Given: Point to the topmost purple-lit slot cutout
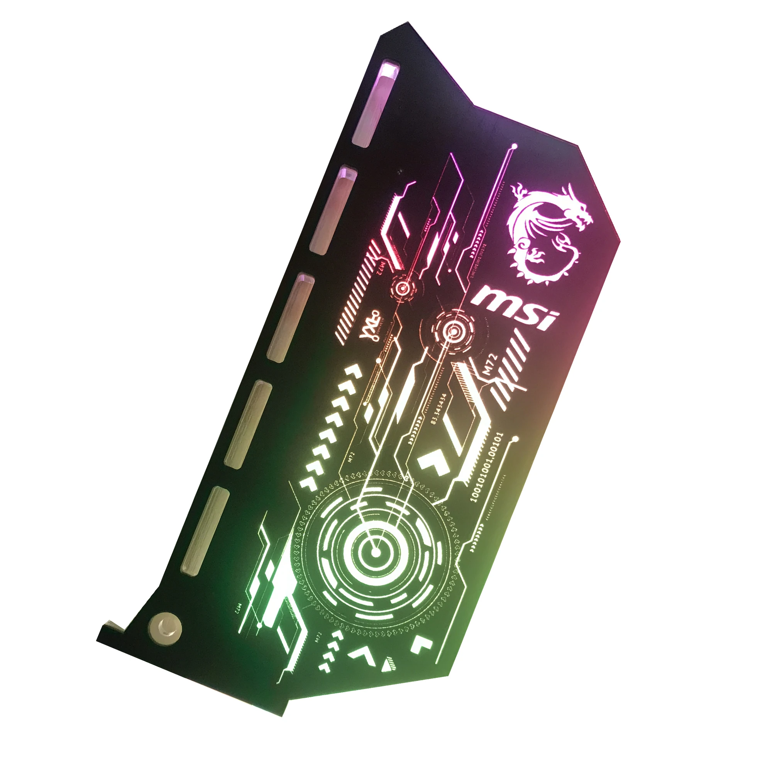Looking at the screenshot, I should (x=375, y=104).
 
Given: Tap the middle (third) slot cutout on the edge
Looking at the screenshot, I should (x=291, y=318).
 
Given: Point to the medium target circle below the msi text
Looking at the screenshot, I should (x=453, y=331).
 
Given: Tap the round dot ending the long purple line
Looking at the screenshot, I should (x=515, y=147).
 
